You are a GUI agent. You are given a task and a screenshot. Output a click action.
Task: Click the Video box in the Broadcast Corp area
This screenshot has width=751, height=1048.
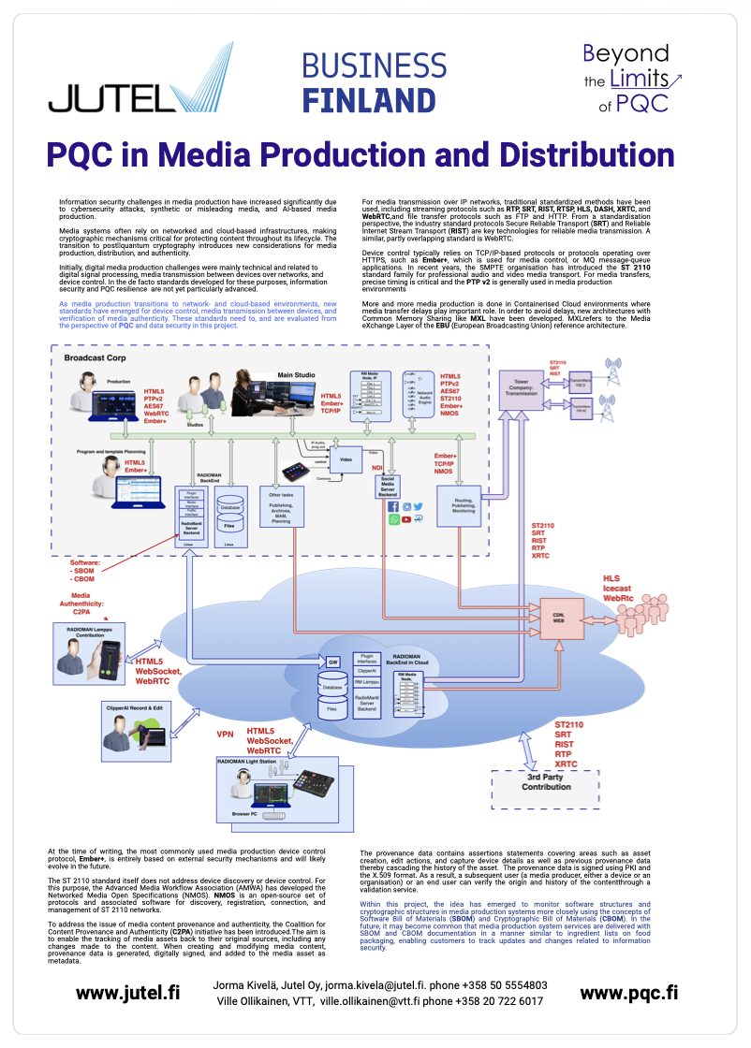(346, 459)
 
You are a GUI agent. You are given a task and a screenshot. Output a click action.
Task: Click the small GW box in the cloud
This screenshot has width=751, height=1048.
(331, 661)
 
